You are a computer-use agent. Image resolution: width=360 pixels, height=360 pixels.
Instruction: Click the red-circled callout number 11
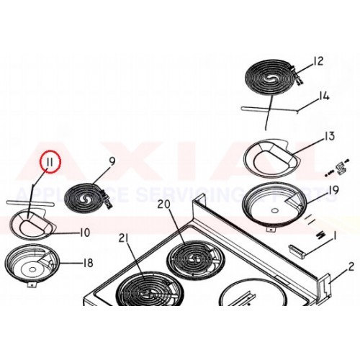pyautogui.click(x=50, y=163)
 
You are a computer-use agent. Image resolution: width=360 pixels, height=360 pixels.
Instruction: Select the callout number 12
pyautogui.click(x=319, y=60)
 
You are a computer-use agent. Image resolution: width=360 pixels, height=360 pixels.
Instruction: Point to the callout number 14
pyautogui.click(x=324, y=96)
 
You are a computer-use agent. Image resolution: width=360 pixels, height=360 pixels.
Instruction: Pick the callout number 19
pyautogui.click(x=333, y=190)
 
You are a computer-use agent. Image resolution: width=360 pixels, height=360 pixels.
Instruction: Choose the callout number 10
pyautogui.click(x=84, y=232)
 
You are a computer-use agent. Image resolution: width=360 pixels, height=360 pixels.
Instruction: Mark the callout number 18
pyautogui.click(x=88, y=263)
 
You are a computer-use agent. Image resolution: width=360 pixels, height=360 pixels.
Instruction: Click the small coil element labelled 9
pyautogui.click(x=89, y=197)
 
